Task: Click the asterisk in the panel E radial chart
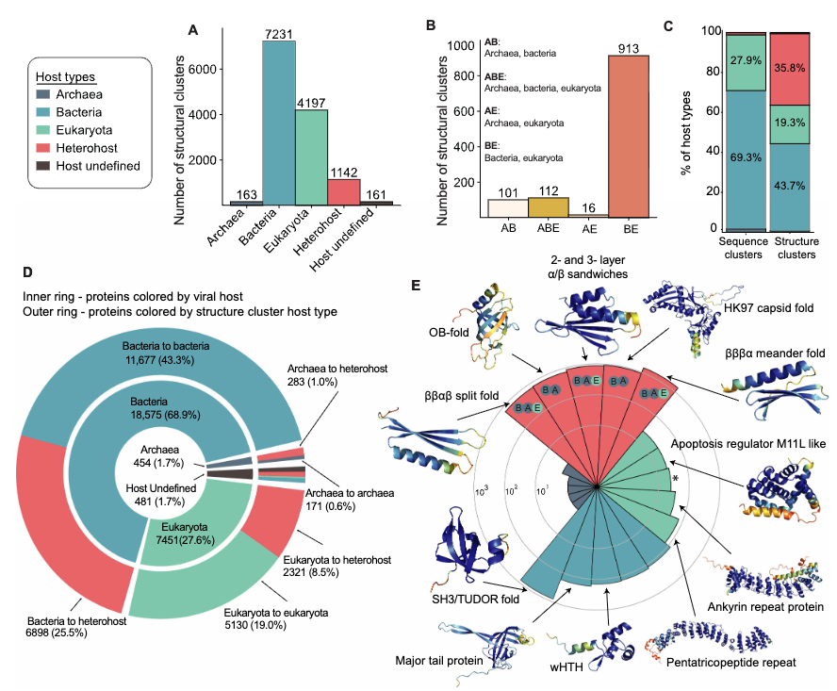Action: pyautogui.click(x=675, y=480)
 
